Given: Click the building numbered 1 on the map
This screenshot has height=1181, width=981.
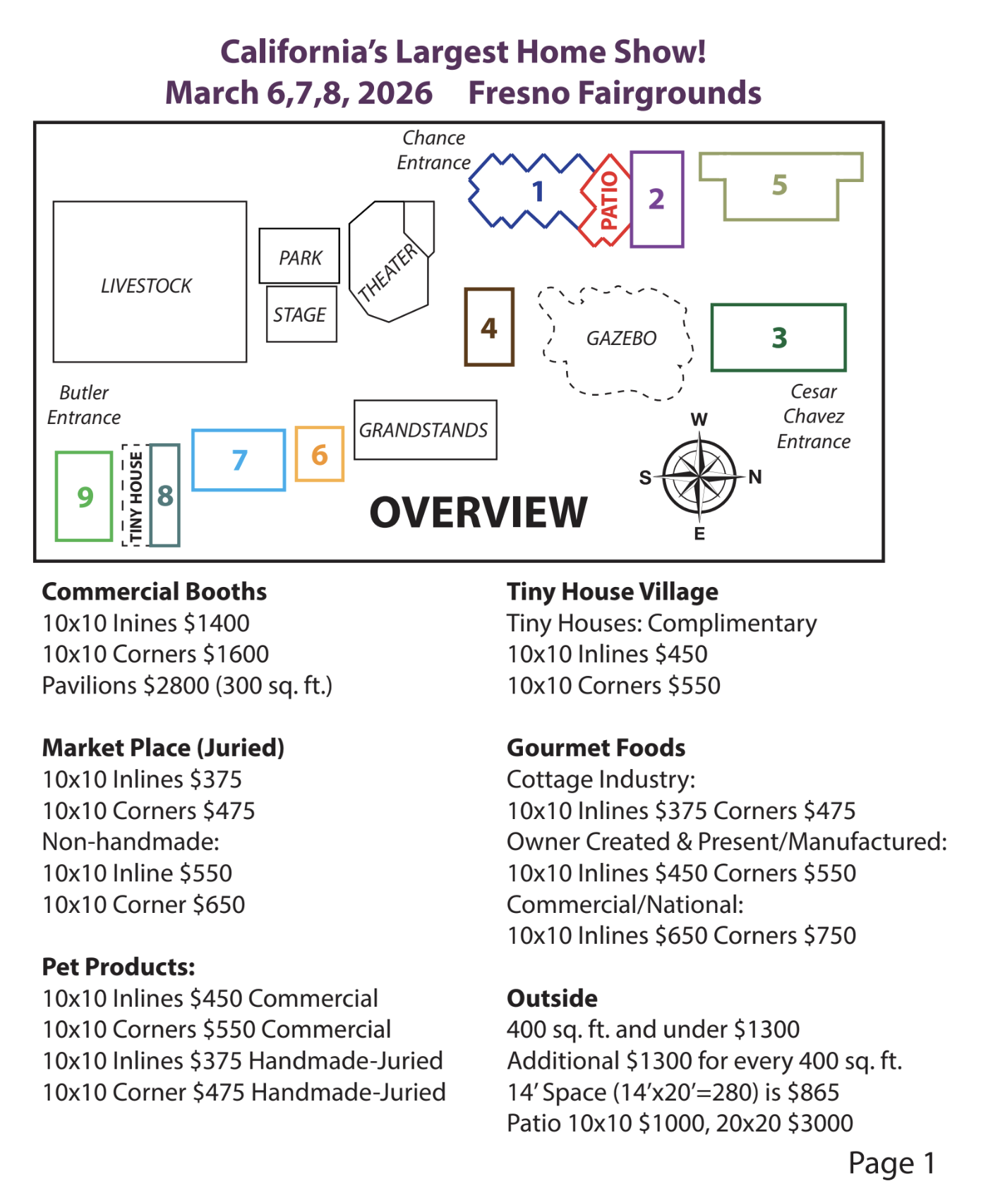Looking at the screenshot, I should (x=538, y=191).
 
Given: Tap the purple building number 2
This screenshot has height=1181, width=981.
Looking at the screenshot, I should (x=656, y=199).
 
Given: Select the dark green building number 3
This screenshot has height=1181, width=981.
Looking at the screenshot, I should (x=778, y=337).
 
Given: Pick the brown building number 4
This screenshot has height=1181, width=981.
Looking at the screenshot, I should (x=488, y=327).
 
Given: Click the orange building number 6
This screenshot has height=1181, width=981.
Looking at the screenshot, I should (x=319, y=454).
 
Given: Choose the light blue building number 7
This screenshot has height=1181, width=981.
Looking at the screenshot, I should (x=239, y=460).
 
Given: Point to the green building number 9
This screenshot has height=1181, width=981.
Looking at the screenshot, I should (x=85, y=497).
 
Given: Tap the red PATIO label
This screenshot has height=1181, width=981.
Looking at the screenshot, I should (x=608, y=200).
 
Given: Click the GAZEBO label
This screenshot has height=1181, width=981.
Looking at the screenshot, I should (x=621, y=339).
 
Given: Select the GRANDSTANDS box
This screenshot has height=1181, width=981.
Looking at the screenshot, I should (x=424, y=430).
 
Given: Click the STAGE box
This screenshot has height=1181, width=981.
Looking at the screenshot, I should (x=301, y=315).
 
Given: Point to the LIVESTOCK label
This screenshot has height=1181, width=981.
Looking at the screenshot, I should (x=146, y=286).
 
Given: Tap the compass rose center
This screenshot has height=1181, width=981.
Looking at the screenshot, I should (x=699, y=477).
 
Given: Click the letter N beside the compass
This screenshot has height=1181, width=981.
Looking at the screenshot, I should (x=755, y=477).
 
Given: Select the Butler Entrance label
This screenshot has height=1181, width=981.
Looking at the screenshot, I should (x=84, y=405).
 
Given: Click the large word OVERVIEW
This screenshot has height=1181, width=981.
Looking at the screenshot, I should (x=479, y=512).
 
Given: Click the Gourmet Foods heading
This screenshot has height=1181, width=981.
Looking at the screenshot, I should (x=596, y=748).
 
